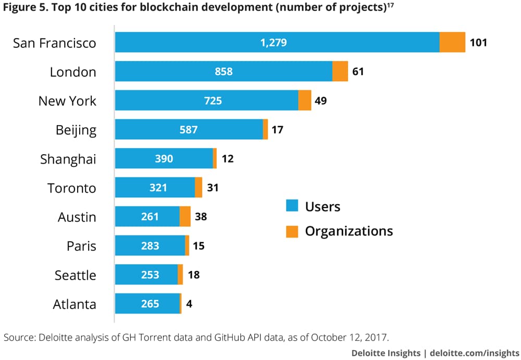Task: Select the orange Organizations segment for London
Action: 340,71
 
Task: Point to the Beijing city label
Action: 76,130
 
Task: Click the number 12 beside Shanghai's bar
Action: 227,158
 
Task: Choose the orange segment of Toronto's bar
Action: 199,188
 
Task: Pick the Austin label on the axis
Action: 77,217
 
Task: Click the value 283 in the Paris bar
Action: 150,246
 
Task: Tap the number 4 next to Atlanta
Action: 189,304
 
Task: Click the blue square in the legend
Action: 292,206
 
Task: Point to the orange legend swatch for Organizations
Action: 292,231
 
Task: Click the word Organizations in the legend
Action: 349,231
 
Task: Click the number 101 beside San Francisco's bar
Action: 478,42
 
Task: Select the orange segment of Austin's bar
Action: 185,217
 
